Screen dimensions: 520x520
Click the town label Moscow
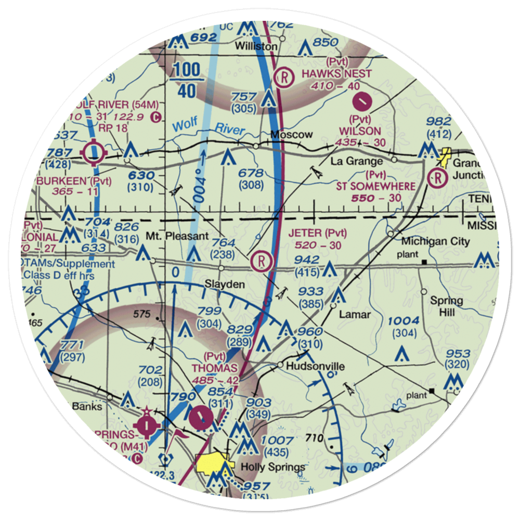[x=291, y=135]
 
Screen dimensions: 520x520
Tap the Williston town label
[x=256, y=46]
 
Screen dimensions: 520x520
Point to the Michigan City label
[x=435, y=241]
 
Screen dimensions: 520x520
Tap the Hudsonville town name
[x=315, y=367]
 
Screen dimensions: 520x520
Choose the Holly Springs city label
[x=272, y=467]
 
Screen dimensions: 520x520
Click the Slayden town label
[x=225, y=284]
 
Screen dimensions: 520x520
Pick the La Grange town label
[x=356, y=162]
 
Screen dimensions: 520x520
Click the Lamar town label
[x=355, y=315]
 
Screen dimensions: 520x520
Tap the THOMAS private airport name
[x=214, y=369]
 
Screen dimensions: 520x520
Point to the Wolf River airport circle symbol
[x=94, y=153]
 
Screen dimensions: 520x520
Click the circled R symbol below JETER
[x=259, y=261]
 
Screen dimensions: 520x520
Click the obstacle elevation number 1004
[x=403, y=321]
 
